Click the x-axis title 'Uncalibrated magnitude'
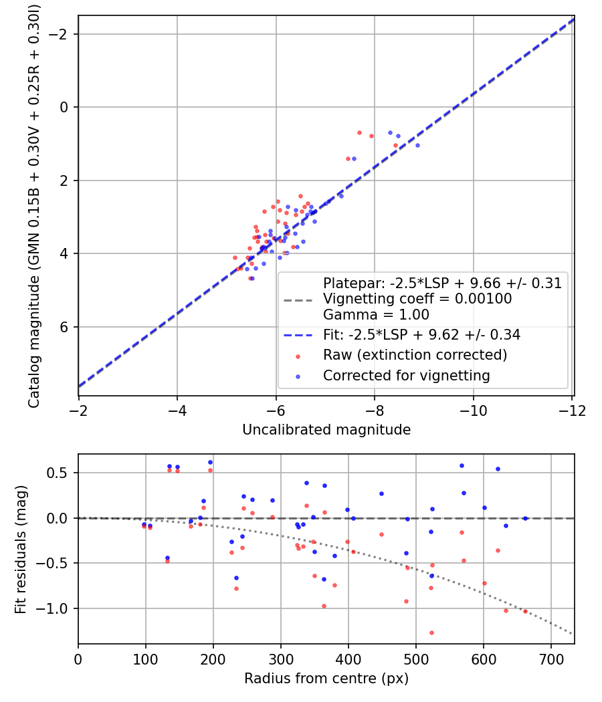(x=326, y=430)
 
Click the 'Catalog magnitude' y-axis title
(x=33, y=206)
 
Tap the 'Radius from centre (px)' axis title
(x=326, y=679)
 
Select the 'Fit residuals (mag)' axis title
(x=20, y=549)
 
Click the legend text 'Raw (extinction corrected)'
(x=415, y=354)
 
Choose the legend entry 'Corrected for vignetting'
(x=406, y=376)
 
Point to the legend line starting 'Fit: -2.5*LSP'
(x=421, y=334)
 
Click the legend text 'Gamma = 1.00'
(x=376, y=315)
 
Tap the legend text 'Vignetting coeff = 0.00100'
(x=417, y=299)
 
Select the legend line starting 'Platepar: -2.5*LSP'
(x=441, y=283)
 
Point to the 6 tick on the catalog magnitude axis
(x=65, y=327)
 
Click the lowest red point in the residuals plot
(x=431, y=632)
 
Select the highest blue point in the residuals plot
(x=210, y=462)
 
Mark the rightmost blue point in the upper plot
(x=417, y=145)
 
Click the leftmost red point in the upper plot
(x=235, y=257)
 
